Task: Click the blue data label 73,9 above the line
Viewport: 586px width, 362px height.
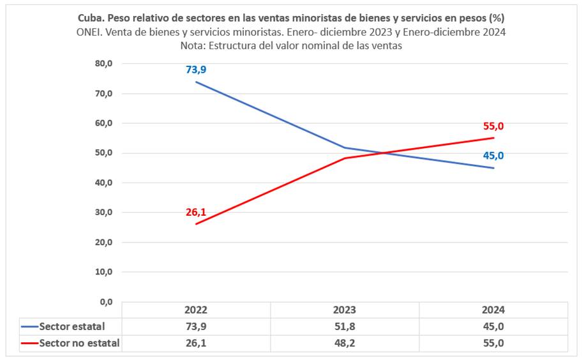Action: click(196, 70)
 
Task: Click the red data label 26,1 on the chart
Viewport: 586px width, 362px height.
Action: click(196, 212)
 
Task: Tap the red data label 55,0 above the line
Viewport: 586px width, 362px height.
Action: click(493, 126)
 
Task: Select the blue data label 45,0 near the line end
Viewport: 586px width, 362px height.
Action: click(493, 156)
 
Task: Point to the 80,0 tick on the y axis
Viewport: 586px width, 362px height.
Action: click(103, 64)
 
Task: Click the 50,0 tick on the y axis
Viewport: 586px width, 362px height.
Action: click(103, 153)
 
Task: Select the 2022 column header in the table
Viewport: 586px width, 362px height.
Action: click(196, 310)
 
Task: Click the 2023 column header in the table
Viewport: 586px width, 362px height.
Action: click(345, 310)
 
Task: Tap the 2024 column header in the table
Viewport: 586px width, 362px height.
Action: click(493, 310)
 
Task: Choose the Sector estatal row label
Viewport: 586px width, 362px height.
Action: click(71, 326)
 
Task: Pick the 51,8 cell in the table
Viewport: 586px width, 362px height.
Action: click(345, 326)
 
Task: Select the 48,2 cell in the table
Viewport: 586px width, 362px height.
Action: click(345, 343)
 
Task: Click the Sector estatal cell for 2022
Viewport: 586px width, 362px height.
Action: click(196, 326)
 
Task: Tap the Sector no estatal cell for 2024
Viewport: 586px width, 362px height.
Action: click(493, 343)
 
